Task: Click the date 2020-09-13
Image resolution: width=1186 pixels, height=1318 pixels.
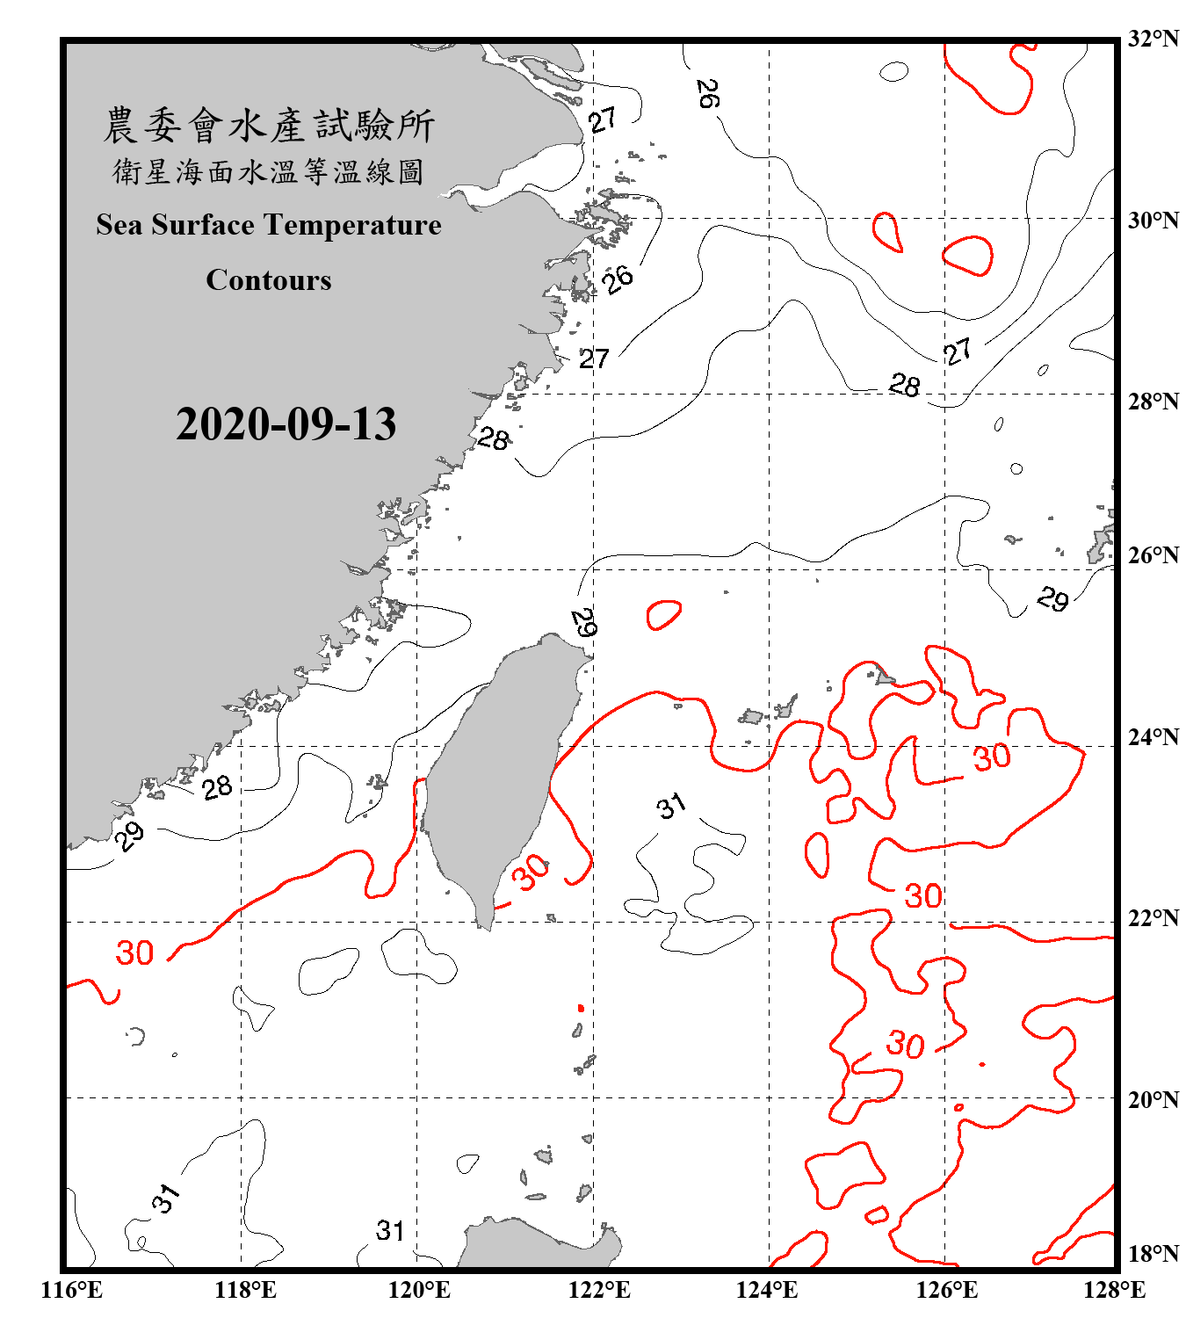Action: point(286,424)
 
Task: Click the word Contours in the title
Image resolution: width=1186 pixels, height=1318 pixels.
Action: point(269,280)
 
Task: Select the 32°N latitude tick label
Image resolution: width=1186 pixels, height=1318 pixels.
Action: point(1153,39)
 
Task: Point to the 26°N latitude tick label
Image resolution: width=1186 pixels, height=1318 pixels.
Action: point(1153,555)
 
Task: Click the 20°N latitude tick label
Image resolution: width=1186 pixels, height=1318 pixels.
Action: point(1153,1100)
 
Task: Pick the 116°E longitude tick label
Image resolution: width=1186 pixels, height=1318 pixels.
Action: point(72,1290)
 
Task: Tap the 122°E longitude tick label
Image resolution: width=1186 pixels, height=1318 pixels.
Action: point(599,1290)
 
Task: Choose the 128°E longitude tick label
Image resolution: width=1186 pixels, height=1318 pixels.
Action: point(1114,1290)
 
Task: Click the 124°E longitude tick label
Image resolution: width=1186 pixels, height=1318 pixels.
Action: point(767,1290)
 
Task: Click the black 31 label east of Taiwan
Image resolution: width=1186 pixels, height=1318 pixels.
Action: point(671,806)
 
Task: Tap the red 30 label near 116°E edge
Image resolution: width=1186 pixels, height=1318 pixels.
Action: point(134,952)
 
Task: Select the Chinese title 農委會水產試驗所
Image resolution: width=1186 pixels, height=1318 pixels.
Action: point(269,126)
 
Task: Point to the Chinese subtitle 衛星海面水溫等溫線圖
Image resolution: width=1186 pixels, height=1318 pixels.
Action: point(269,171)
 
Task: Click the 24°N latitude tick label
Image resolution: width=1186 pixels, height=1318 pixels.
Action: point(1153,737)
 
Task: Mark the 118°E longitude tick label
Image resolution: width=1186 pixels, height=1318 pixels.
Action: point(245,1290)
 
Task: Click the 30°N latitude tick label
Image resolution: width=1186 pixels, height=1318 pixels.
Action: point(1153,221)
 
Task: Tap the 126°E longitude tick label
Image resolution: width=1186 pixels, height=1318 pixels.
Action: point(946,1290)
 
